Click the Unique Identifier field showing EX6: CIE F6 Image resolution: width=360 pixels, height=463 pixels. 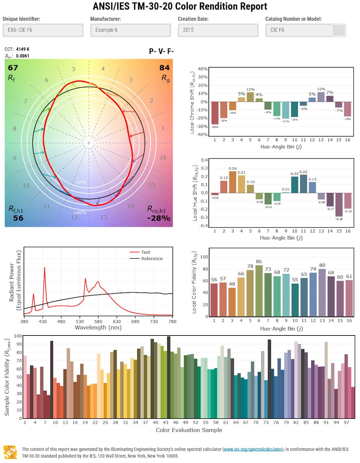[x=43, y=30]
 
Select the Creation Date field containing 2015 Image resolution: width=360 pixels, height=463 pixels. [x=218, y=30]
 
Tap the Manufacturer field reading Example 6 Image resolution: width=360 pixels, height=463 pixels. [x=130, y=30]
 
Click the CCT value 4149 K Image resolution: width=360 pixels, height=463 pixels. [x=23, y=49]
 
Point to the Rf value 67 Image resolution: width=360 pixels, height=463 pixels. [x=13, y=68]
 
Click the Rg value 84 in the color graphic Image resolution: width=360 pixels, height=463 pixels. [x=164, y=68]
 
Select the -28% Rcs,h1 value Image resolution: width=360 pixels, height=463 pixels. [x=159, y=218]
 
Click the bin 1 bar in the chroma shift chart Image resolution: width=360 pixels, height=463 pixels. [x=215, y=113]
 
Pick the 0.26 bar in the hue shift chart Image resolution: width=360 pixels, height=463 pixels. [x=233, y=182]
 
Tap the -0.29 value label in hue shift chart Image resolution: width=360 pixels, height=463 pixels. [x=339, y=219]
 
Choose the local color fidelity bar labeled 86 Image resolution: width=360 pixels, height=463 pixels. [x=259, y=291]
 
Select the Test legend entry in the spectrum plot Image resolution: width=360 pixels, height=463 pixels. [x=146, y=252]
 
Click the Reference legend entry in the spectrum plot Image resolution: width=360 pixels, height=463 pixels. [x=152, y=259]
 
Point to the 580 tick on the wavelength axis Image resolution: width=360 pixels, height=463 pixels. [x=98, y=321]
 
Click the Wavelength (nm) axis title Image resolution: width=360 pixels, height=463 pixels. [x=98, y=327]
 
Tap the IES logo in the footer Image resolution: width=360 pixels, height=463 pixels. [x=10, y=452]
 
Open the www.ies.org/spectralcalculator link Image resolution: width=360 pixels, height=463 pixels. [x=253, y=449]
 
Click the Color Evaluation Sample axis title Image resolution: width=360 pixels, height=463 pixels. [x=189, y=430]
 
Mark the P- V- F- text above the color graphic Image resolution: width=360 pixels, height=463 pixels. [x=161, y=51]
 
